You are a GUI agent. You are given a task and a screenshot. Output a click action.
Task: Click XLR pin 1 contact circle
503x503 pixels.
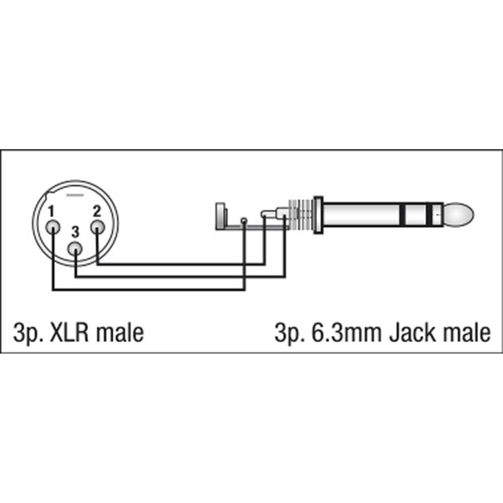(x=53, y=227)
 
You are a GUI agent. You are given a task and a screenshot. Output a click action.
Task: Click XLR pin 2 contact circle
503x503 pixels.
(x=97, y=227)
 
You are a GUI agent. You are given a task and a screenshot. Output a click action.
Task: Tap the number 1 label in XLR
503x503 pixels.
(x=51, y=211)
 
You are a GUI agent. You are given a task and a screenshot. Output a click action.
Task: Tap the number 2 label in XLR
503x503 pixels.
(x=97, y=211)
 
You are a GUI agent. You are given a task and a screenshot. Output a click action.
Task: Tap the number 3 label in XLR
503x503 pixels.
(x=75, y=232)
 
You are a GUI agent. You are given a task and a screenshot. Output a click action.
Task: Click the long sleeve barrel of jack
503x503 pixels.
(x=362, y=215)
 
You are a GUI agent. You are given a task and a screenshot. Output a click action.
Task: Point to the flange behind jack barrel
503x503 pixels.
(x=318, y=215)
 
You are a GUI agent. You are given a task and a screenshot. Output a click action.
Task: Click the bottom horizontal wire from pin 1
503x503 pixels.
(x=148, y=289)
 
